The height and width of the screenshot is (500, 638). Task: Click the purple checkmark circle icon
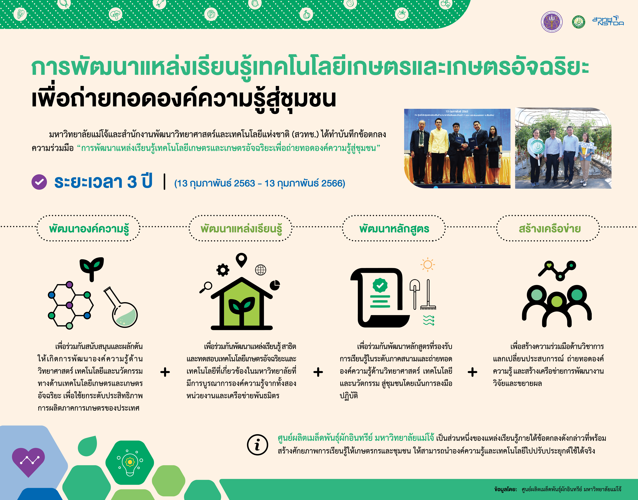(x=39, y=182)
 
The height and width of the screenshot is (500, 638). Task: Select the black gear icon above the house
(x=223, y=270)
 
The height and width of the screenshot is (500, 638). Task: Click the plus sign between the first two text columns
(x=165, y=372)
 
